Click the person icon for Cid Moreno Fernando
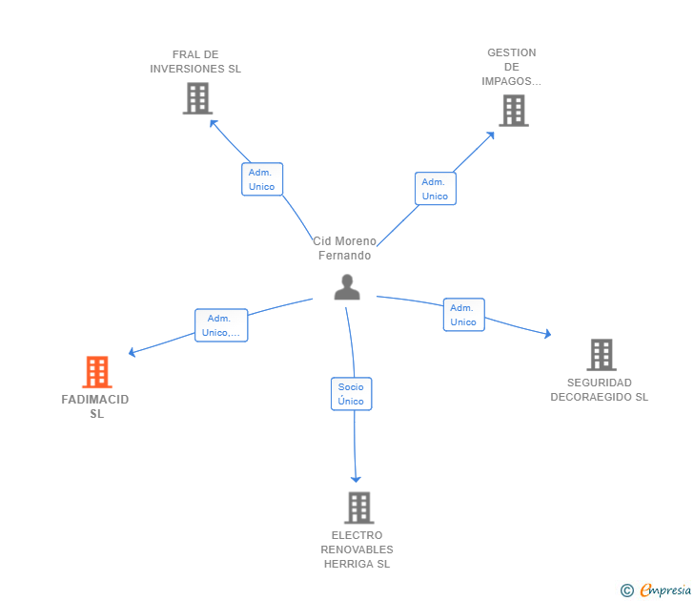pos(347,287)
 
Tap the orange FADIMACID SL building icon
pos(97,372)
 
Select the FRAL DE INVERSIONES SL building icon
pos(196,98)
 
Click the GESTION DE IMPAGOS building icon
pos(513,111)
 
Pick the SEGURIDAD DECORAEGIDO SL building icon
pos(601,355)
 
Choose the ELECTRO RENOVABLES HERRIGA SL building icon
pos(358,508)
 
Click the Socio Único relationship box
pos(351,394)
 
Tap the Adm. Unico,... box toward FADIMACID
pos(221,325)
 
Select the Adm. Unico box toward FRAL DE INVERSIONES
pos(261,179)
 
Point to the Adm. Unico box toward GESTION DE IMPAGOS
pos(435,189)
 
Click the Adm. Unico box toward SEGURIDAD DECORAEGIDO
pos(463,315)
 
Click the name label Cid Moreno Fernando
pos(345,248)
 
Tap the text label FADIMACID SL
pos(95,406)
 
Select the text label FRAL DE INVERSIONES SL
pos(195,62)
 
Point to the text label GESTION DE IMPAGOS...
pos(512,67)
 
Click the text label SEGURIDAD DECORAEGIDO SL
pos(599,390)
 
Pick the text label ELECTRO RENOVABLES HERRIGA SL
pos(357,549)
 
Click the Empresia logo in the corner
pos(665,591)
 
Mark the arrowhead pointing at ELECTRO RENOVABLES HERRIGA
pos(357,478)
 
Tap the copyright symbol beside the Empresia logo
pos(627,591)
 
